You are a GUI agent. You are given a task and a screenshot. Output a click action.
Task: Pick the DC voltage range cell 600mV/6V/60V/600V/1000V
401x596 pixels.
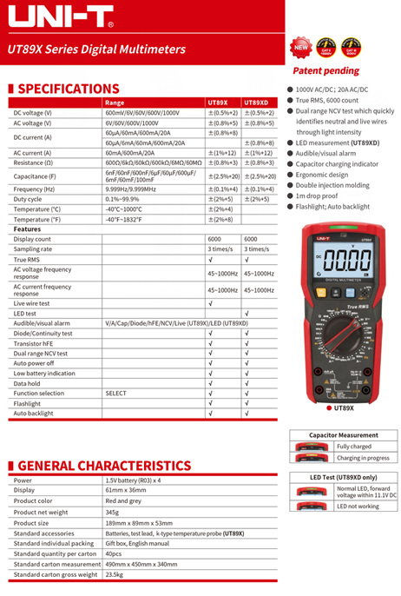click(142, 113)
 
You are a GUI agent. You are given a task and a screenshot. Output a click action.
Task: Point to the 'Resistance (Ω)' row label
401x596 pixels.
click(33, 162)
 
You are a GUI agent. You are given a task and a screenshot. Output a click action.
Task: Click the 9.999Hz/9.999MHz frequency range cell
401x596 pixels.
click(131, 189)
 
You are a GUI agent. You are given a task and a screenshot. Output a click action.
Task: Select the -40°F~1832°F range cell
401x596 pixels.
click(125, 219)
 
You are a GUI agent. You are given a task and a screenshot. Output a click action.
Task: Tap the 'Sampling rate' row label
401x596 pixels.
click(33, 248)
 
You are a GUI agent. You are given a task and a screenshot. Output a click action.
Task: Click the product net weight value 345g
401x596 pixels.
click(112, 512)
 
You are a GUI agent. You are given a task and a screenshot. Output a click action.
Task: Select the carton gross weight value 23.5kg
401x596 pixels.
click(114, 574)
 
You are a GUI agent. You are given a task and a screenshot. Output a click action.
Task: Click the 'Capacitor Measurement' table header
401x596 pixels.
click(344, 435)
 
